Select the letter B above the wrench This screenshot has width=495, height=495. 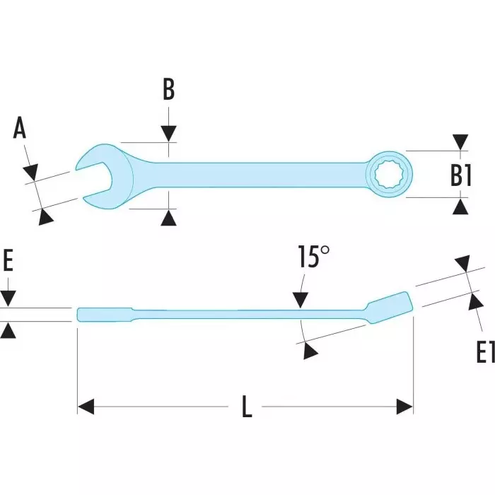(168, 90)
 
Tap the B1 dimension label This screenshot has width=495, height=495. (461, 175)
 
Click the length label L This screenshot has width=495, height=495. (246, 407)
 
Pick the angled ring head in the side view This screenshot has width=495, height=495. (389, 305)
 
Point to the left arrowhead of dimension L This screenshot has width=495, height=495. (86, 407)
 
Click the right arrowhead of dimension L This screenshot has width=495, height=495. (404, 407)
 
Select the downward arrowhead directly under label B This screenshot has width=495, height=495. (168, 134)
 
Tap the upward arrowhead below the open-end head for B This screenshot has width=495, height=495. (168, 218)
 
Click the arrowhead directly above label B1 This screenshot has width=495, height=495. (461, 142)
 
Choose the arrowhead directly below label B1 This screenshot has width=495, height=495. (461, 206)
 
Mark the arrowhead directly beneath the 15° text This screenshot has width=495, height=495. (301, 300)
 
